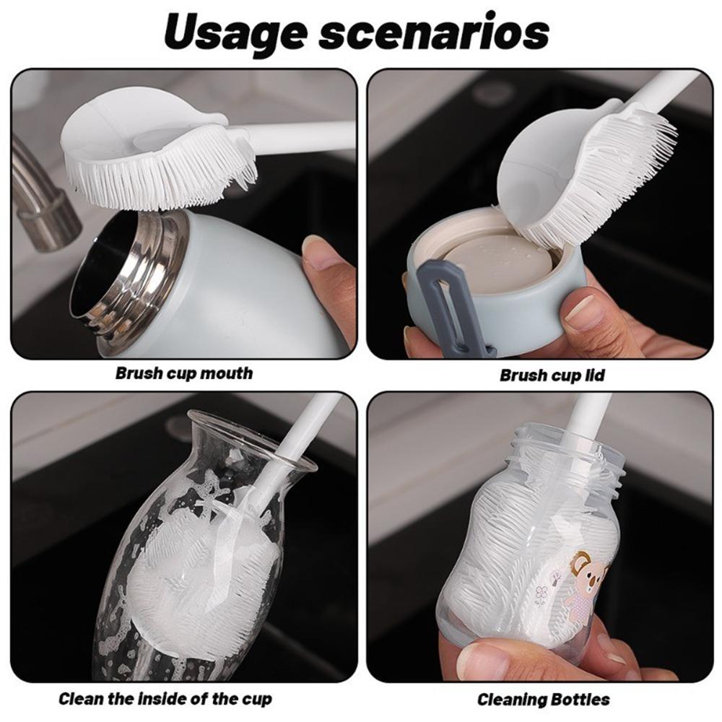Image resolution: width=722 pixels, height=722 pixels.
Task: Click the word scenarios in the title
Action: (x=434, y=32)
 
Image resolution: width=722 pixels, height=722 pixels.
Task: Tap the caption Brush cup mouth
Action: (x=183, y=373)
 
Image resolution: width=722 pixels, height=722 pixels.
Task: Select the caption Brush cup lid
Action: (x=552, y=375)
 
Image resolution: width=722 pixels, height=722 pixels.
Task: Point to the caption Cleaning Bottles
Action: (x=544, y=700)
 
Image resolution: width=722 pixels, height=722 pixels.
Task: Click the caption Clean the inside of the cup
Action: (x=165, y=698)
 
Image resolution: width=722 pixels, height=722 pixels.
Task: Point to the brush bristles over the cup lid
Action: (x=599, y=180)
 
